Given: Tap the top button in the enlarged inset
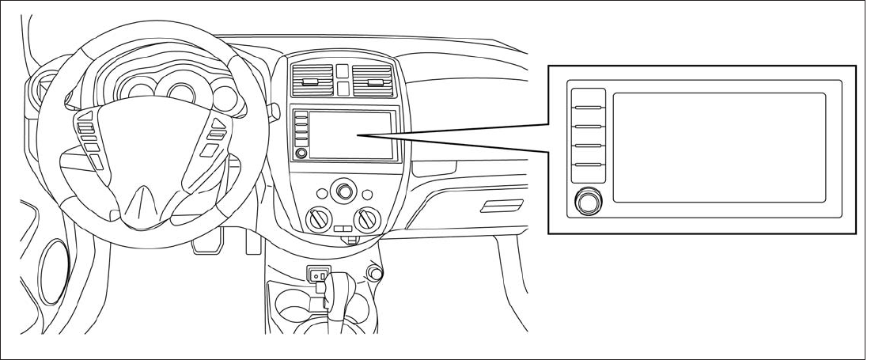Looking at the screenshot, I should pyautogui.click(x=588, y=98).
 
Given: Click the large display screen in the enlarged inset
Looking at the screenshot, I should pyautogui.click(x=718, y=147).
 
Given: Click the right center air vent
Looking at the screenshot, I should pyautogui.click(x=374, y=81).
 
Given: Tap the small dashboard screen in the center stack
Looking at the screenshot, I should pyautogui.click(x=351, y=135).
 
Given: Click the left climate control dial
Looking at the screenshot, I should pyautogui.click(x=320, y=221).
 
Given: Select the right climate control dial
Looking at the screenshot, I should pyautogui.click(x=367, y=221).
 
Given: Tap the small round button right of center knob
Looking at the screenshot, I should pyautogui.click(x=366, y=194).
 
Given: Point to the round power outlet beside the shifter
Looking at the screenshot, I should pyautogui.click(x=374, y=274).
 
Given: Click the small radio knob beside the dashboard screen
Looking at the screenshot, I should pyautogui.click(x=301, y=153).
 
